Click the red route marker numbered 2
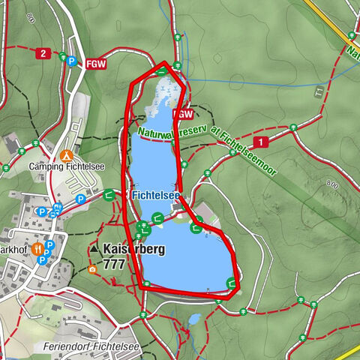(x=43, y=53)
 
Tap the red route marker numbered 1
(x=260, y=142)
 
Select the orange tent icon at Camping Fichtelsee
(x=67, y=155)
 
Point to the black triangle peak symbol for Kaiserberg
(x=94, y=248)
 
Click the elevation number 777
(x=114, y=264)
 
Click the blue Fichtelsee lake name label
(x=155, y=195)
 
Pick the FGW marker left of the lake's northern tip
(x=95, y=63)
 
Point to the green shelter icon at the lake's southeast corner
(x=231, y=283)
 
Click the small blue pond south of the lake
(x=193, y=319)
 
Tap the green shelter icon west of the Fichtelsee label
(x=109, y=194)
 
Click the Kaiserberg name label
(x=135, y=249)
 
